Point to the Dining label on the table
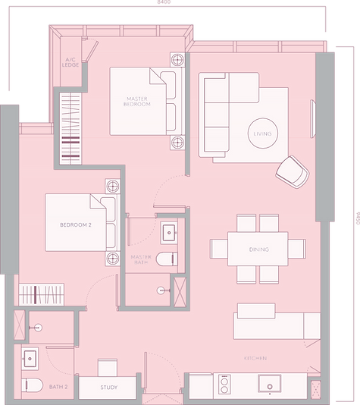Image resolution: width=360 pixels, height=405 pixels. click(258, 249)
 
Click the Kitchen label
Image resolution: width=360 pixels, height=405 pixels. click(254, 357)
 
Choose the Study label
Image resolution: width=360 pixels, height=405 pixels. click(109, 388)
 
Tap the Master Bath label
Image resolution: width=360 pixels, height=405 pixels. click(142, 260)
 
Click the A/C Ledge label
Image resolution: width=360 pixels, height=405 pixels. click(73, 61)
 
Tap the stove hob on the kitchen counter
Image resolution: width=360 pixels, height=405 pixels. click(224, 386)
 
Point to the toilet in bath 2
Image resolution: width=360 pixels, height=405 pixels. click(30, 385)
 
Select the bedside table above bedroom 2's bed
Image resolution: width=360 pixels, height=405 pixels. click(111, 187)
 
